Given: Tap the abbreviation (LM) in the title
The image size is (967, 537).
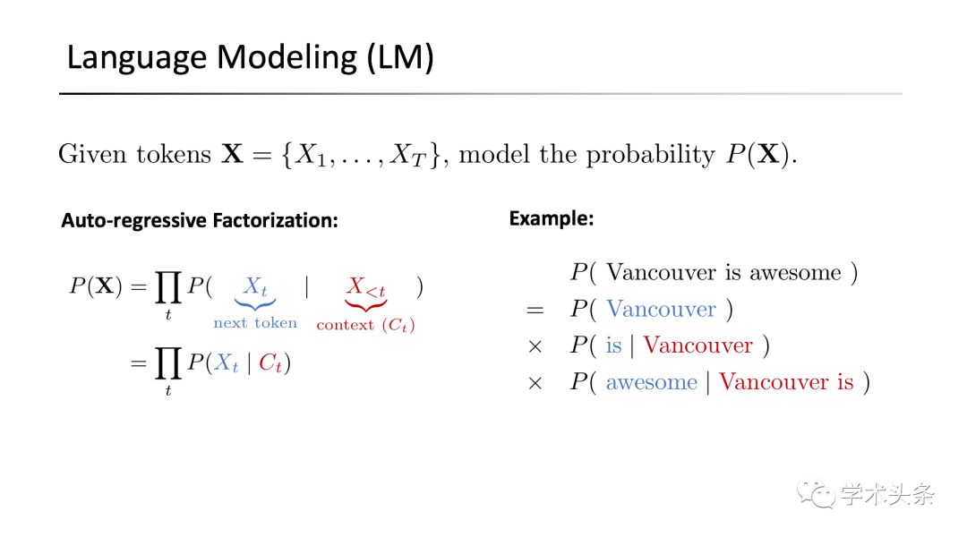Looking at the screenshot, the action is coord(400,58).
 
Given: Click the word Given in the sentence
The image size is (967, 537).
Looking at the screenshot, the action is coord(91,154).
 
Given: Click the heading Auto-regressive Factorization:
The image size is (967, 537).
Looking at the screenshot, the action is coord(199,220).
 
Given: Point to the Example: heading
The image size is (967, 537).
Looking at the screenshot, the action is coord(552,218).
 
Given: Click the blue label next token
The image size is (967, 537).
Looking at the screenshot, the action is coord(255,322).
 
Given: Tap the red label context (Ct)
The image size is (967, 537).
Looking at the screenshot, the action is coord(365,325).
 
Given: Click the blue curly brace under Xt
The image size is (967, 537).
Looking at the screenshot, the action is coord(254,304).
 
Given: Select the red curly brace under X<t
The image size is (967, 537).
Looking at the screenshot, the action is coord(365,304).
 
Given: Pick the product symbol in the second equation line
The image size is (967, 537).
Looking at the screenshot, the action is coord(167,362).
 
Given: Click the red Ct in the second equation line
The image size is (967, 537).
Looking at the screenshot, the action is coord(270,363).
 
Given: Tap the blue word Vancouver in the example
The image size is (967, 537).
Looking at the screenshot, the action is coord(661,309).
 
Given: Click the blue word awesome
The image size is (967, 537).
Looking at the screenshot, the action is coord(651,383).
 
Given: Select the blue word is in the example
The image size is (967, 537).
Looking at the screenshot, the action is coord(613,345).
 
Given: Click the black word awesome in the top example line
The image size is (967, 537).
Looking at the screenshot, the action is coord(795,273).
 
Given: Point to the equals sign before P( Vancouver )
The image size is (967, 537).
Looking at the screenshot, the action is coord(535,310).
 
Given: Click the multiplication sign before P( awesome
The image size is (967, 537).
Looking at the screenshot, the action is coord(535,383).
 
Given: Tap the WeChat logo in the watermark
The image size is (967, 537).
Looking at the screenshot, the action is coord(816,493).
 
